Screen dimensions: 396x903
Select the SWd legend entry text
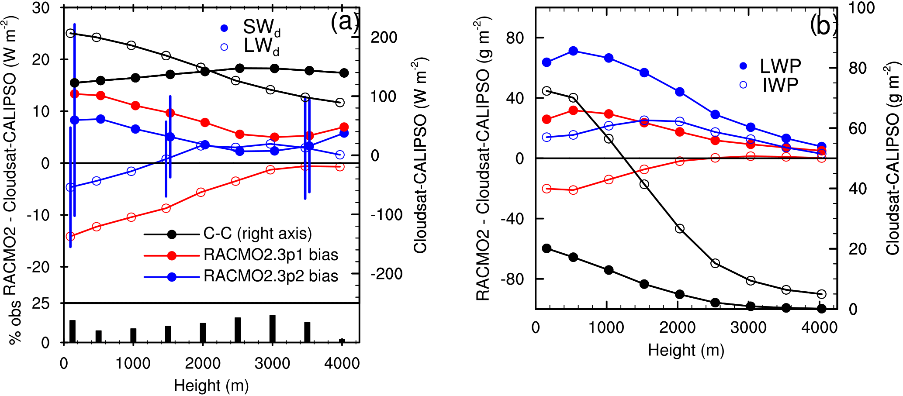click(261, 28)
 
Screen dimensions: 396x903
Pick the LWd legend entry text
click(261, 46)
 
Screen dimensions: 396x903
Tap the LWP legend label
click(780, 66)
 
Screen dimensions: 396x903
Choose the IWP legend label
click(780, 85)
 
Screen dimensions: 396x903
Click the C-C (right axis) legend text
click(257, 234)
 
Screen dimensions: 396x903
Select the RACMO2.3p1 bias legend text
click(271, 255)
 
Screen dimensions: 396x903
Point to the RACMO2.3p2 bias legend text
click(271, 276)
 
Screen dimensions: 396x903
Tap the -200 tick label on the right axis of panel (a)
click(387, 274)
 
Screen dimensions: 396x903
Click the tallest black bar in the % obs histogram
click(273, 328)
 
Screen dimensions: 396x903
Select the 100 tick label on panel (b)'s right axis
click(861, 8)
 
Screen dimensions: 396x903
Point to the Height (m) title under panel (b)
click(686, 350)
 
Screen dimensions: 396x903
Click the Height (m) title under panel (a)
click(211, 386)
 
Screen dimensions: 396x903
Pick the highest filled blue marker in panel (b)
click(574, 51)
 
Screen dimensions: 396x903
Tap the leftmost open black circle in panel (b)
click(547, 91)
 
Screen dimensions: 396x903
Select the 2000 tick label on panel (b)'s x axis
click(678, 327)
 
